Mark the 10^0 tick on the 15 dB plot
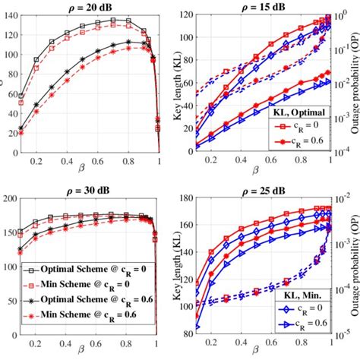pos(343,17)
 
